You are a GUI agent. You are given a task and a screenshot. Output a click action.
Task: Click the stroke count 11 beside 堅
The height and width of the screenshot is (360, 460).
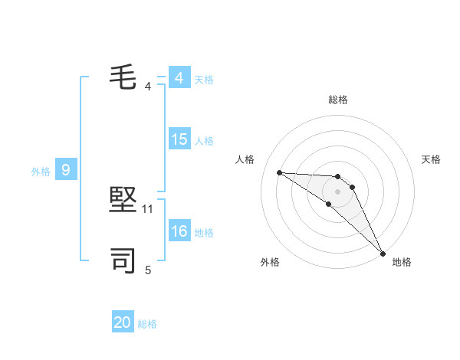tap(148, 208)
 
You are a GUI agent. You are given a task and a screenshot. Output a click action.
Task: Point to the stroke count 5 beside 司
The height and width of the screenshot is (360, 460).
tap(148, 270)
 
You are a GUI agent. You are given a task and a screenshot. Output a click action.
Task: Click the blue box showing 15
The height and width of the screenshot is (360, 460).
tap(179, 139)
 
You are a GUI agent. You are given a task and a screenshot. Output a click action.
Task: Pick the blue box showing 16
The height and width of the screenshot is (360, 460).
tap(179, 231)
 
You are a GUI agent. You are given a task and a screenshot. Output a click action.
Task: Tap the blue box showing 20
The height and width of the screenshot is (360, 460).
tap(123, 322)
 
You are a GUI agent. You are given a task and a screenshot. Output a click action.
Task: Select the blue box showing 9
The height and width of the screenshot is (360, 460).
tap(66, 170)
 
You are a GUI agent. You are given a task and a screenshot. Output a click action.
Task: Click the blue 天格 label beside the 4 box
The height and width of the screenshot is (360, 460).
tap(204, 80)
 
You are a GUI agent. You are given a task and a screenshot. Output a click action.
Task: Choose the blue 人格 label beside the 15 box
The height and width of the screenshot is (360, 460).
tap(204, 141)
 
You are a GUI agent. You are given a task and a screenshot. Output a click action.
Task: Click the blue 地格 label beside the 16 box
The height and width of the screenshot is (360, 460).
tap(204, 233)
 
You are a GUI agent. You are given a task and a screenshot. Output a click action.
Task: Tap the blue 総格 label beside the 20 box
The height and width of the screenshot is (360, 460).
tap(147, 324)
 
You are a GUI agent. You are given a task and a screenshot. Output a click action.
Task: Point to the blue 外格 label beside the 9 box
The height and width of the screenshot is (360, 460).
tap(41, 172)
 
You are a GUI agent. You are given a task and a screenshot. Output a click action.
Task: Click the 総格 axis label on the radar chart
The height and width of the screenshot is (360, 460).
tap(337, 100)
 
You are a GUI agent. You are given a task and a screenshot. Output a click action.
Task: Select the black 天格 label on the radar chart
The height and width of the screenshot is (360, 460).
tap(431, 159)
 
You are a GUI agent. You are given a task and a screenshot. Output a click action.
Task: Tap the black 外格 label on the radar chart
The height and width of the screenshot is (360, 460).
tap(270, 262)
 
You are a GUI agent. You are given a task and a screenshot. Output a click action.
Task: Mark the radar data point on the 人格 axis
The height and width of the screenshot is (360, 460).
tap(280, 172)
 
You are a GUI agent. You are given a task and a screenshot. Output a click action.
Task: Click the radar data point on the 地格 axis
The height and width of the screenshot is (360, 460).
tap(382, 253)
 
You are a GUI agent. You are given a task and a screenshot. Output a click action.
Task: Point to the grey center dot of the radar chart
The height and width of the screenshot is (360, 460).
tap(337, 191)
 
